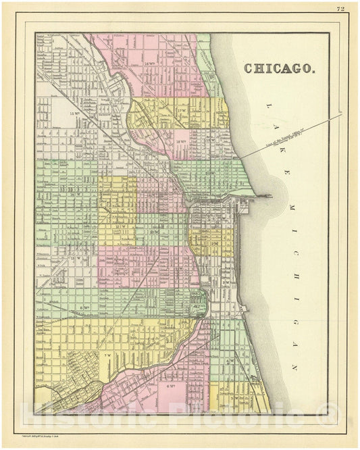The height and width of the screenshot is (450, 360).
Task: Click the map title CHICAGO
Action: [278, 68]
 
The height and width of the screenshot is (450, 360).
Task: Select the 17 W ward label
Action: [181, 109]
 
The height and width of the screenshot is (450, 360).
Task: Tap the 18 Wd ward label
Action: [180, 141]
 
